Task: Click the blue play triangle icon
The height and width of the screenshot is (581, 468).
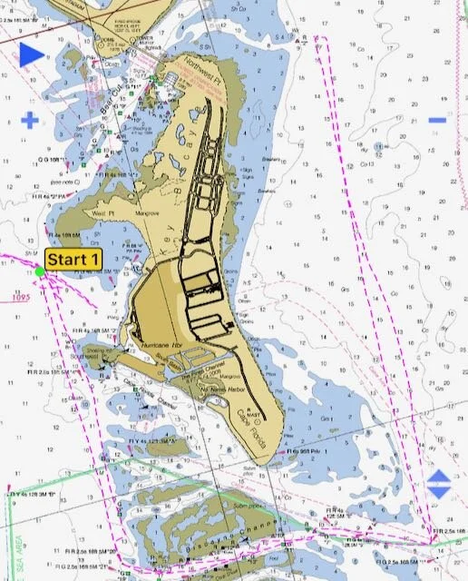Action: [x=32, y=54]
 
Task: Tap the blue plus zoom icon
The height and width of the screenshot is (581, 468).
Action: [x=30, y=119]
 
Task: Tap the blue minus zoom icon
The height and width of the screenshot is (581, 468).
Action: [x=437, y=119]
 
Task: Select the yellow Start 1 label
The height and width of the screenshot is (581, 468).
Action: [x=73, y=260]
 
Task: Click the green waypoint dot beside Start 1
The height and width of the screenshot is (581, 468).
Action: [x=40, y=271]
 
